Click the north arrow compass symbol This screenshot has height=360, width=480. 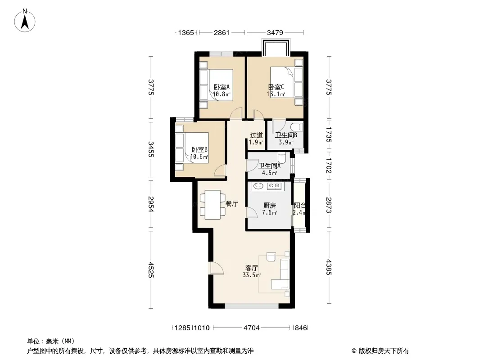click(25, 20)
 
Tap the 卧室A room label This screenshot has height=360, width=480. click(222, 87)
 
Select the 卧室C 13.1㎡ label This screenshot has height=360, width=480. click(276, 90)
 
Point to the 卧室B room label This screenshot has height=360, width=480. click(199, 149)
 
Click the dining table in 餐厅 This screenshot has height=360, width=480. click(213, 205)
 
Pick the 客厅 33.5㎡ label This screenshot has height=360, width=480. click(252, 271)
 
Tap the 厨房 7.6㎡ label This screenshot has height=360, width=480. click(269, 209)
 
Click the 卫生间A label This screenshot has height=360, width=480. click(269, 166)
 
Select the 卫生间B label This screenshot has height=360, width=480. click(286, 135)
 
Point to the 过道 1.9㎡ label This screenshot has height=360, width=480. click(256, 139)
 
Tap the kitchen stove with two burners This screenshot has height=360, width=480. click(274, 185)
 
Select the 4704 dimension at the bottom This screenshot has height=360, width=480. click(252, 328)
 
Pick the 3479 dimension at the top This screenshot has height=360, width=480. click(275, 32)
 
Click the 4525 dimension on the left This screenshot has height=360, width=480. click(150, 270)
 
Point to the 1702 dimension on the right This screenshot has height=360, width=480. click(328, 166)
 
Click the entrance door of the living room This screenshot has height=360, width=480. click(216, 268)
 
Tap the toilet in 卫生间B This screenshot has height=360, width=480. click(297, 127)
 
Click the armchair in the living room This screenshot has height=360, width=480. click(272, 256)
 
